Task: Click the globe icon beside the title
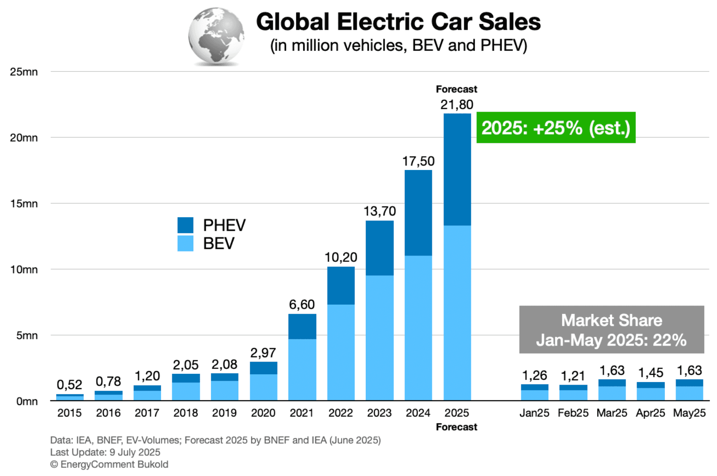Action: [x=216, y=36]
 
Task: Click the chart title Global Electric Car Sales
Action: [x=398, y=22]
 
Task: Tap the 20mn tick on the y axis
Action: [x=24, y=138]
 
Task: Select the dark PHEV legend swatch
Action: [x=185, y=225]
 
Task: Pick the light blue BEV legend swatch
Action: [x=185, y=243]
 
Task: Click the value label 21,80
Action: [x=457, y=104]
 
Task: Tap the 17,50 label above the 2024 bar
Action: [x=418, y=161]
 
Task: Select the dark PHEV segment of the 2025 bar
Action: [x=457, y=170]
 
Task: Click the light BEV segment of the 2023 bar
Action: [x=380, y=337]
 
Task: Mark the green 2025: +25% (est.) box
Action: [x=556, y=128]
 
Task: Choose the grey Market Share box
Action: [x=611, y=330]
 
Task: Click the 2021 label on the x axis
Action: [x=302, y=413]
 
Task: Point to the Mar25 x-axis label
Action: [x=612, y=413]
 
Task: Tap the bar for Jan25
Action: [x=534, y=393]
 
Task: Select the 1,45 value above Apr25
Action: [x=650, y=373]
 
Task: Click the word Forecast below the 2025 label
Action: [x=457, y=427]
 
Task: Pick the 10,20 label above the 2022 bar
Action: [x=341, y=257]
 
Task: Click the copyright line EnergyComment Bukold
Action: [x=109, y=464]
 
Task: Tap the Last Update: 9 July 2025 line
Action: [x=105, y=452]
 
